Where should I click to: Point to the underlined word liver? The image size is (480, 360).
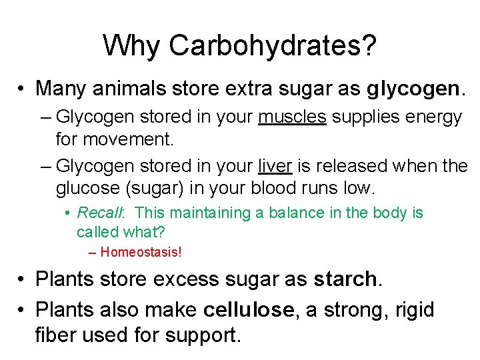coord(275,166)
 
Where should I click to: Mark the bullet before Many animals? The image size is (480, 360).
coord(22,89)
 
